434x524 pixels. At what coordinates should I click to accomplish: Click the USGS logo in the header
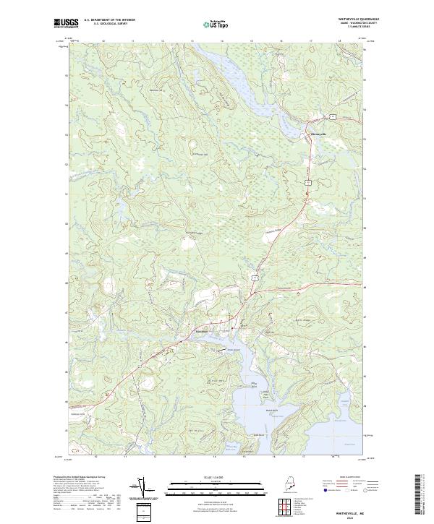[x=67, y=23]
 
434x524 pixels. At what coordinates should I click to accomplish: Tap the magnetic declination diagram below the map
[x=142, y=489]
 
